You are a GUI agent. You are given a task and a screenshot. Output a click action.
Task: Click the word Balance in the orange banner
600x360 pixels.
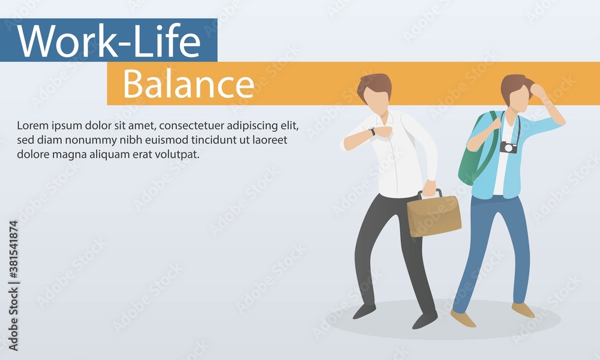(188, 85)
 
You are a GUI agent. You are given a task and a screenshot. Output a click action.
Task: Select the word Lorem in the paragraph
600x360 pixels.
(31, 126)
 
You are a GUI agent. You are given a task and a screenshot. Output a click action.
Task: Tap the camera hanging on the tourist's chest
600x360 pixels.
(509, 147)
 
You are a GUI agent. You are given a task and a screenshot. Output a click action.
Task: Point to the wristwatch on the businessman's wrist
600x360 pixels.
(373, 131)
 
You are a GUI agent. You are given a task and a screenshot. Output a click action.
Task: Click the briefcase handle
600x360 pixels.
(430, 194)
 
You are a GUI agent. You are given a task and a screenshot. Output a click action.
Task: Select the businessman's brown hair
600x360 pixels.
(374, 85)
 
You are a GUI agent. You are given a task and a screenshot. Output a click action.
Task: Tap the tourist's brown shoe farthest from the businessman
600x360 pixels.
(523, 310)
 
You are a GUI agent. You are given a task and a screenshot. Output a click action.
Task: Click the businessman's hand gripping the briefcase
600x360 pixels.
(429, 188)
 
